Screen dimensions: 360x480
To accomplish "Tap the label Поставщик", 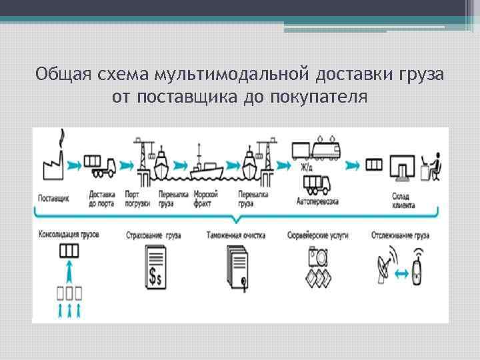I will (53, 199).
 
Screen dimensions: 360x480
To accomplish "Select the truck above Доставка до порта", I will (101, 166).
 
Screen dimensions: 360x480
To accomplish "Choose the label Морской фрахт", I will (206, 199).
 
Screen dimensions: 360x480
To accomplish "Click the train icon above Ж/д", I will (319, 151).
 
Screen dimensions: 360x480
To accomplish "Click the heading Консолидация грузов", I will (69, 235).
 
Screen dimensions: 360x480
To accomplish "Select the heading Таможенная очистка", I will (236, 235).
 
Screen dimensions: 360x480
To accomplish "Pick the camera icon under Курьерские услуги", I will (317, 256).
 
